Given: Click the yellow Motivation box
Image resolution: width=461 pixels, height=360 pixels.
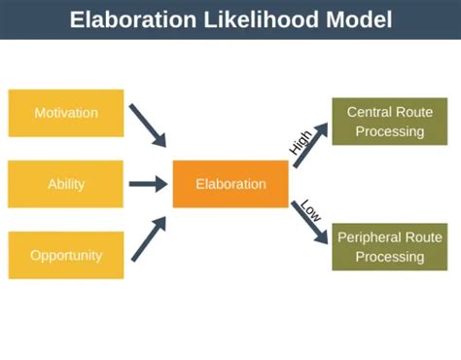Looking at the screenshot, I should pos(66,113).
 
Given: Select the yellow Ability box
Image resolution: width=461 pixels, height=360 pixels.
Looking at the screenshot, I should pos(66,184).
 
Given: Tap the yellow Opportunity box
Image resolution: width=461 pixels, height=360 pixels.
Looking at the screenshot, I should pos(66,255).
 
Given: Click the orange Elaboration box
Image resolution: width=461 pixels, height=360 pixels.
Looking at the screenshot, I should pos(230,184).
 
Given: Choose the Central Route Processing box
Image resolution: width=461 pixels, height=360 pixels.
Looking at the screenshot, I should pos(389,122).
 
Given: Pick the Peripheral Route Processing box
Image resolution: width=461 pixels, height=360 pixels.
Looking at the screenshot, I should pos(389,247).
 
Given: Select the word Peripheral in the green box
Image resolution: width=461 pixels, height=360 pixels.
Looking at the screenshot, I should pos(372,237).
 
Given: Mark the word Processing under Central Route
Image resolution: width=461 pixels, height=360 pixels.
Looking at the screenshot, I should pos(389,131).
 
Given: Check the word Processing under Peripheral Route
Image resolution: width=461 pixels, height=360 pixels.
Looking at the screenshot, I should pos(389,257).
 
